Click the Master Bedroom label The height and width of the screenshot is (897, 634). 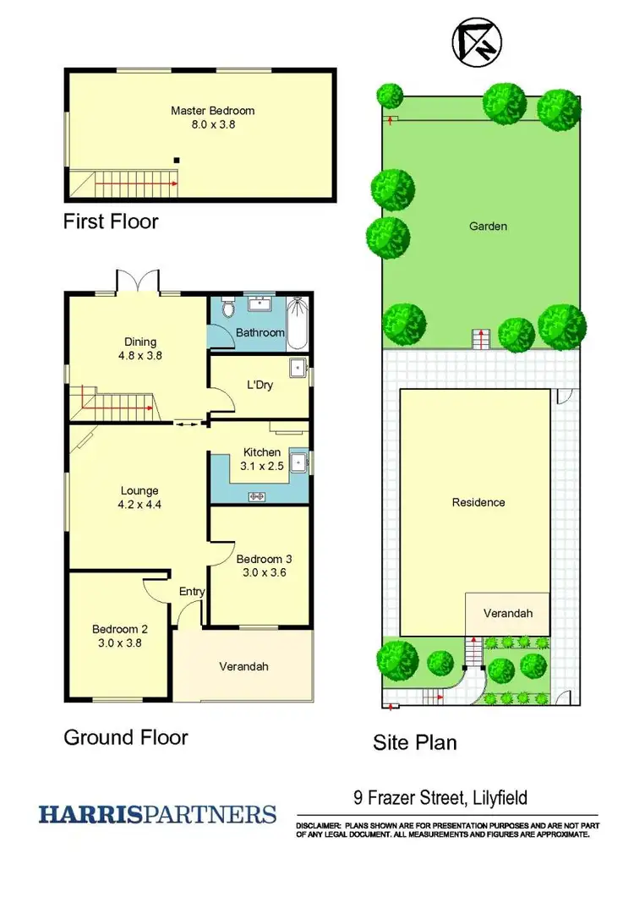click(212, 111)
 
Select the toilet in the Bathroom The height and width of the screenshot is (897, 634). click(225, 310)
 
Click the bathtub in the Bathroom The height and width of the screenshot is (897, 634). click(298, 323)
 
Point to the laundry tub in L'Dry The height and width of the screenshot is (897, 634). click(298, 369)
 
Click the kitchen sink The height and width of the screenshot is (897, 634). click(298, 462)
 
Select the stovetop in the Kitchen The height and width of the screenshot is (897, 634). click(256, 496)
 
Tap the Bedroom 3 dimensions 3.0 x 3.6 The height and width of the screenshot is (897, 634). click(263, 573)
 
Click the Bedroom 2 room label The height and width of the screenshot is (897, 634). click(120, 629)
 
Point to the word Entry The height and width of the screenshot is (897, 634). click(192, 592)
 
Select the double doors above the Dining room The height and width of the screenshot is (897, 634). click(138, 282)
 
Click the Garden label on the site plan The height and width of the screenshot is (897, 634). click(489, 226)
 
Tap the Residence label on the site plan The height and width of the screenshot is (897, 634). click(478, 502)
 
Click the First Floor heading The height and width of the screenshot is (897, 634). click(111, 222)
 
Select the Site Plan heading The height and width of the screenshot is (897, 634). click(414, 743)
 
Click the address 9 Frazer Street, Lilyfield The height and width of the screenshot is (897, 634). click(440, 797)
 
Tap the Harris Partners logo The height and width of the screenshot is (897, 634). click(157, 814)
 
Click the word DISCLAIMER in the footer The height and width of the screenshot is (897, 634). click(317, 824)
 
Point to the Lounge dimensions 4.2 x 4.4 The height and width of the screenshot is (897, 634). click(139, 505)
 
